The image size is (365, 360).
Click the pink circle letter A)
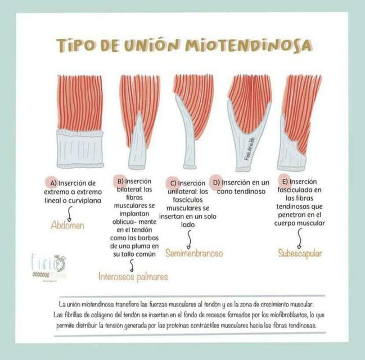click(53, 183)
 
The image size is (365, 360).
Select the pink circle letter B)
click(120, 181)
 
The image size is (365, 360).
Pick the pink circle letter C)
click(173, 183)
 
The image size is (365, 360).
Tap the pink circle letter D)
click(216, 182)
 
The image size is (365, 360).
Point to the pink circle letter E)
click(285, 182)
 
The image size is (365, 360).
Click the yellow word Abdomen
click(67, 225)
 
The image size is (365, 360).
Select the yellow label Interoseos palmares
click(133, 277)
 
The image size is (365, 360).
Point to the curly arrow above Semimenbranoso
click(188, 239)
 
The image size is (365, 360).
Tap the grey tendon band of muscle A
click(80, 149)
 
